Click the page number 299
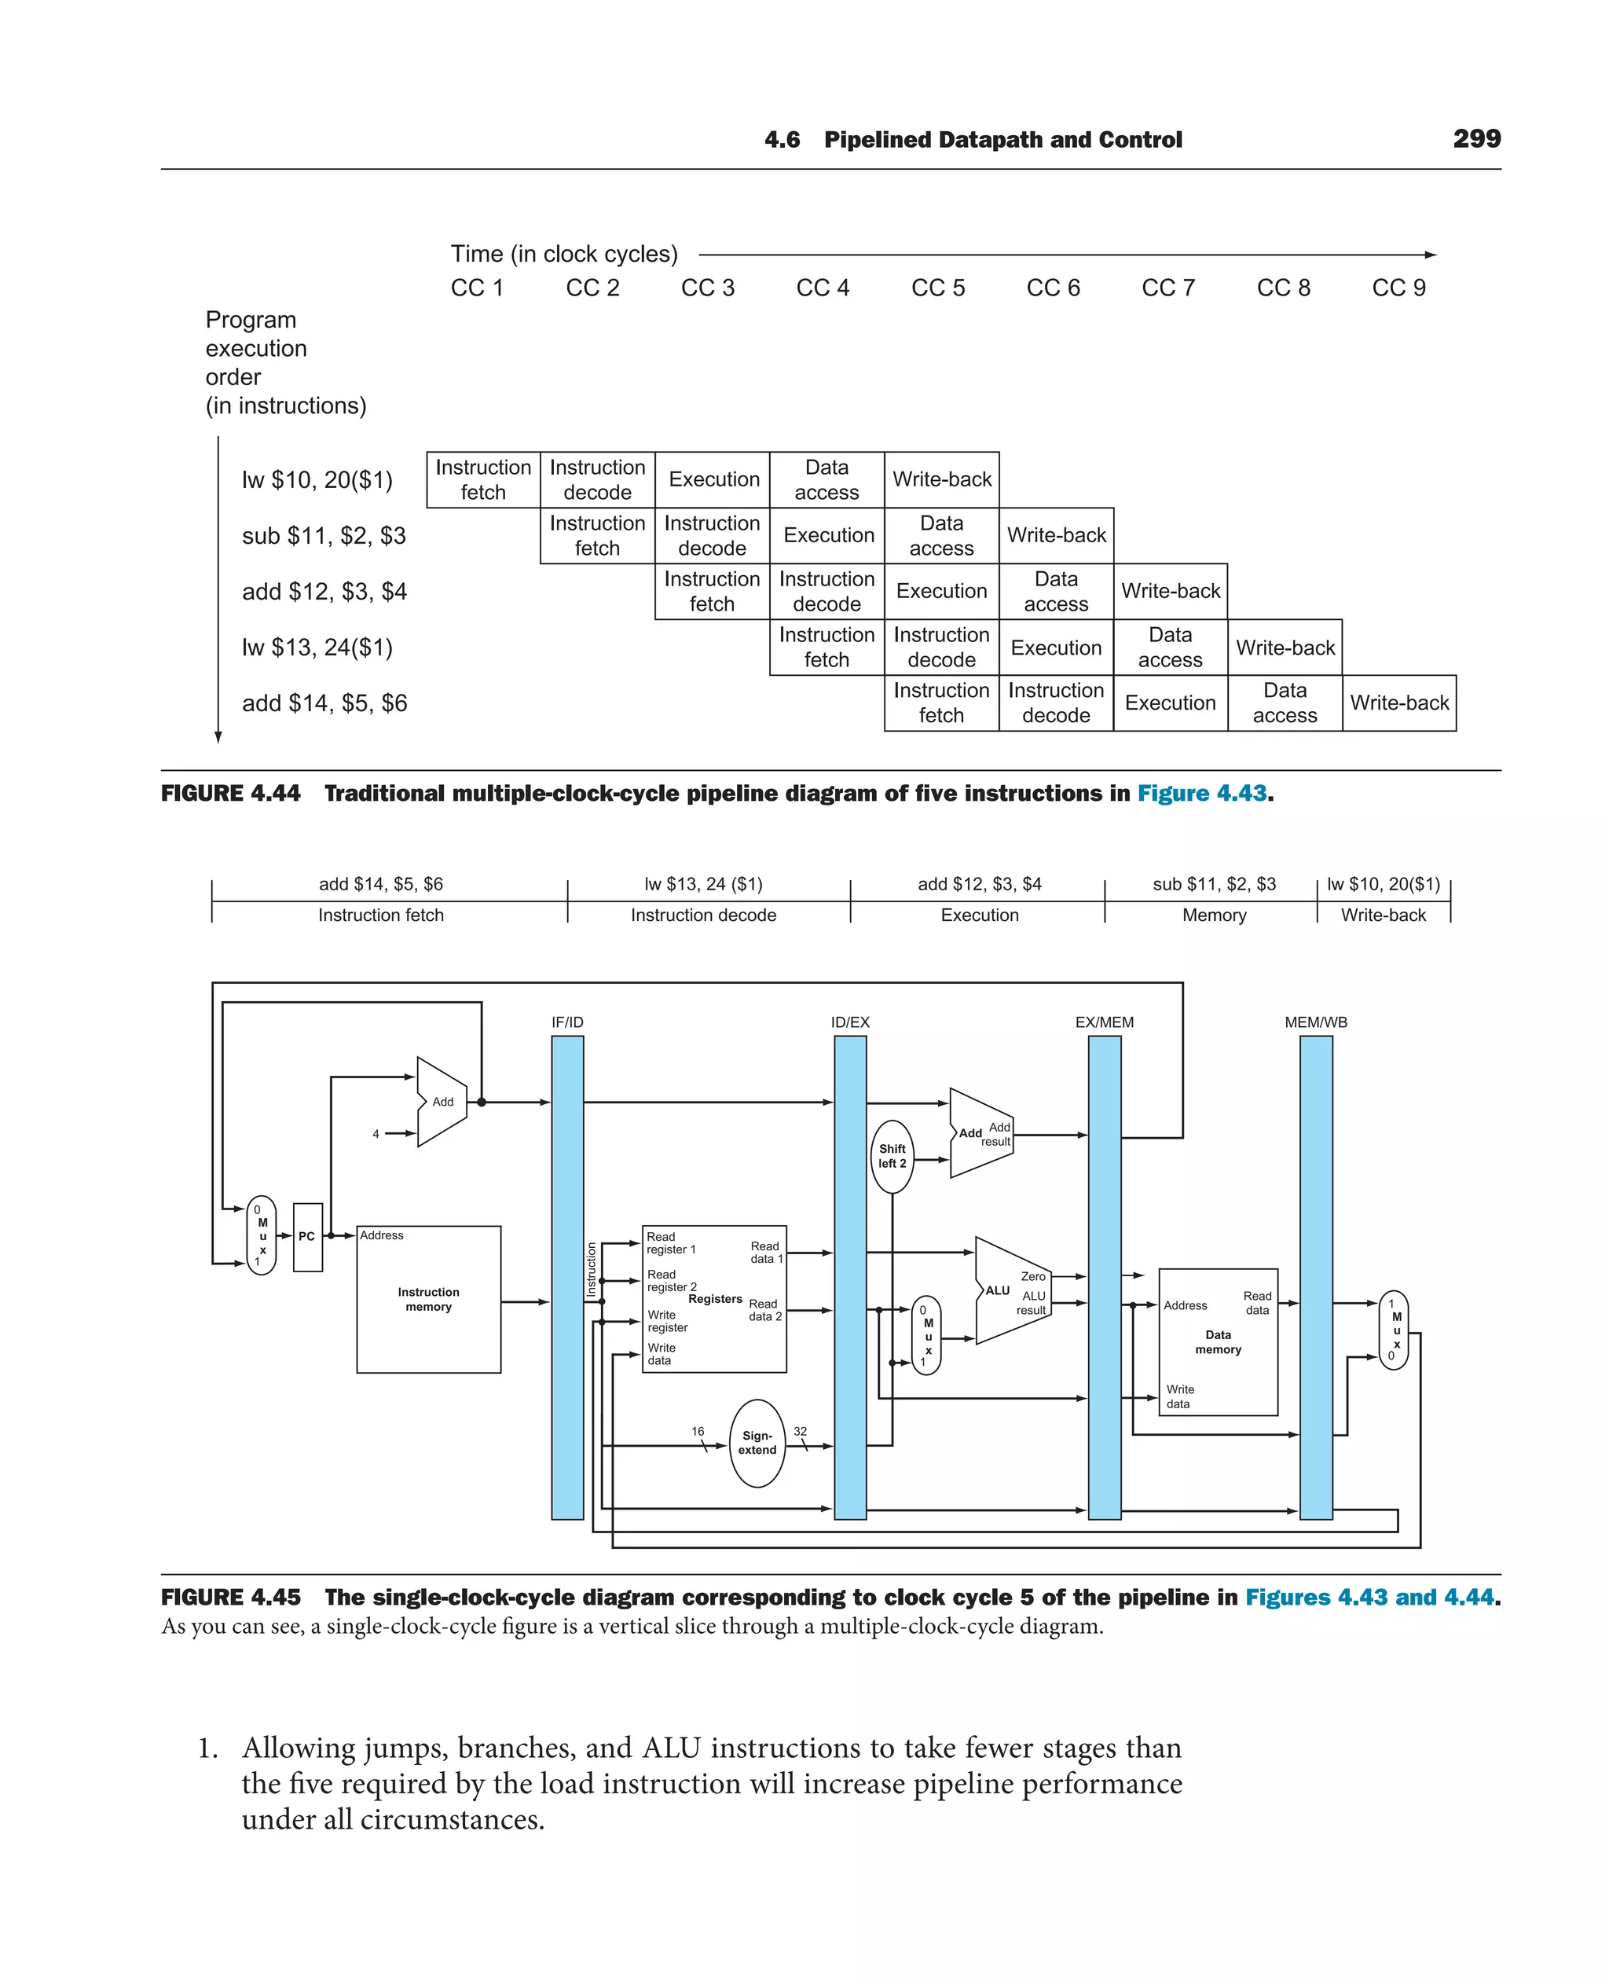coord(1476,139)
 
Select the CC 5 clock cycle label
coord(938,288)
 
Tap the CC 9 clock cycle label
coord(1398,288)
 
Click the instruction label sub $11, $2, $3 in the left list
coord(324,536)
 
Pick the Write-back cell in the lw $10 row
coord(942,479)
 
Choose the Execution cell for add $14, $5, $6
coord(1171,703)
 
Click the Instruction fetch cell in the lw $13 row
coord(826,648)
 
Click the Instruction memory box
coord(428,1299)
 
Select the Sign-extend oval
coord(757,1443)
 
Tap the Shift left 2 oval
coord(892,1156)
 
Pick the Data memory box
coord(1218,1341)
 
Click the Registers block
coord(715,1299)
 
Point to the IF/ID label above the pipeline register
coord(567,1022)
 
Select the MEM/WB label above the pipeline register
coord(1315,1022)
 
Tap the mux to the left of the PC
coord(262,1236)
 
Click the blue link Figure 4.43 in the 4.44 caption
coord(1201,794)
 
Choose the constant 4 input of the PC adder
coord(376,1134)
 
